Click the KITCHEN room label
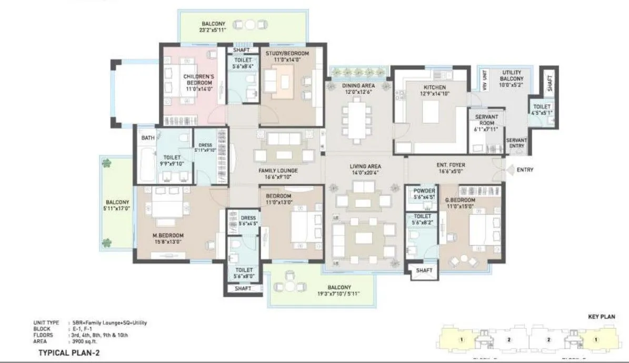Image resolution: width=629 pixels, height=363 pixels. point(435,87)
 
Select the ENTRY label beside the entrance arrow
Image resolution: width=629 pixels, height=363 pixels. point(525,170)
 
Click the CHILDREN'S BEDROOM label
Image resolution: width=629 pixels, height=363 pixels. point(197,80)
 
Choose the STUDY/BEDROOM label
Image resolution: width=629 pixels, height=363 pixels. point(291,54)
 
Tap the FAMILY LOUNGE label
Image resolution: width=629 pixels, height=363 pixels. point(278,171)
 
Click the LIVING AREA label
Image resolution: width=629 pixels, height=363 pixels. point(365,167)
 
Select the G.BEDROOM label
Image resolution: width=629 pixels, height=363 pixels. point(460,201)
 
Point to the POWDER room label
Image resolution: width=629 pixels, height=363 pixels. point(424,191)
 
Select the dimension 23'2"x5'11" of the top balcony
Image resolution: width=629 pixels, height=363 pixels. point(213,31)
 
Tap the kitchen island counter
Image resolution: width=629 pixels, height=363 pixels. point(432,112)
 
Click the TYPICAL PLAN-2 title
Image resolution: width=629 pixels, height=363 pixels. point(69,354)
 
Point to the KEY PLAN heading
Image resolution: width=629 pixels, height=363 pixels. point(601,317)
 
